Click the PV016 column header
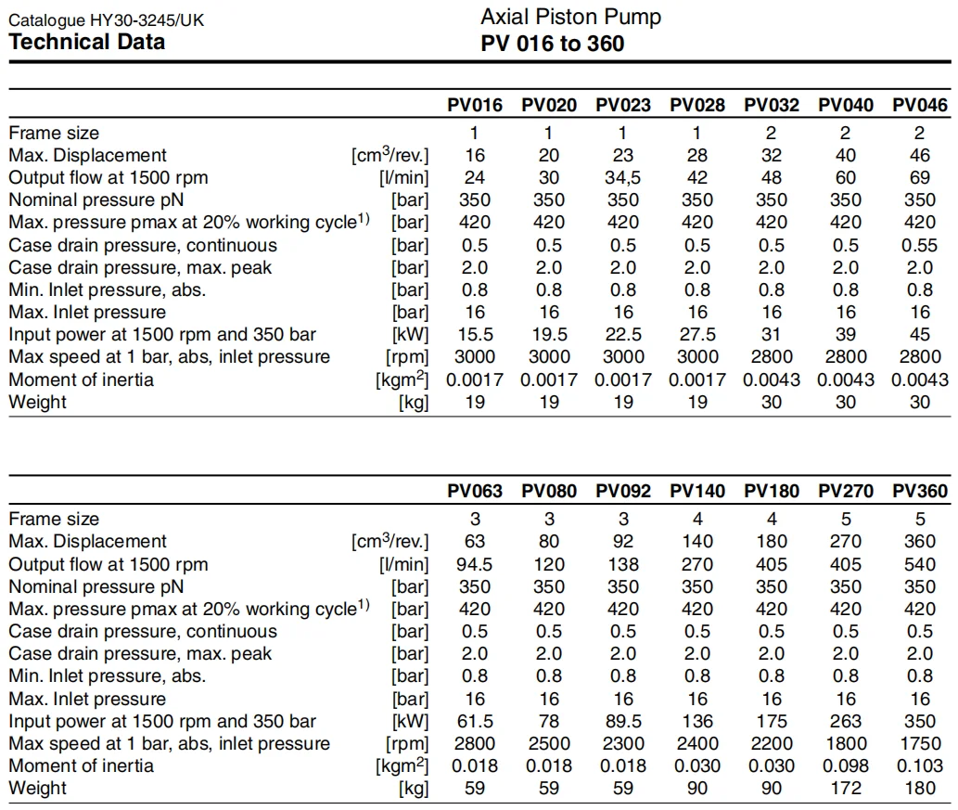click(474, 106)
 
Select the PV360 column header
click(920, 492)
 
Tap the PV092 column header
click(623, 492)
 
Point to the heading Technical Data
click(87, 42)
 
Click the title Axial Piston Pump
click(570, 17)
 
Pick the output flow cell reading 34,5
click(623, 177)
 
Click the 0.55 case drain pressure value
click(920, 245)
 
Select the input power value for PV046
click(920, 335)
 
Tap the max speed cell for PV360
click(920, 743)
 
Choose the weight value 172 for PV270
click(846, 789)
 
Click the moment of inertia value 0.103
click(920, 765)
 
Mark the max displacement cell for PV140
click(697, 541)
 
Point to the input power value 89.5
click(623, 721)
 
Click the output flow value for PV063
click(474, 564)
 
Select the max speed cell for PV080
click(549, 743)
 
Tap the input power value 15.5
click(474, 335)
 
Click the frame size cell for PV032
click(772, 133)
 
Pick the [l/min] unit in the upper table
click(404, 177)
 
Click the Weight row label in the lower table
click(37, 789)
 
